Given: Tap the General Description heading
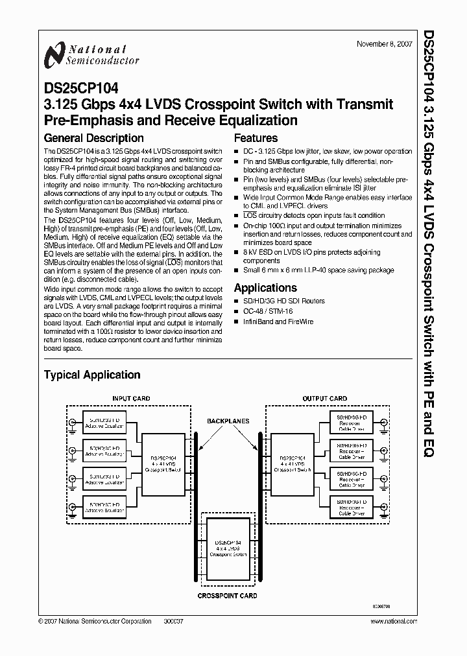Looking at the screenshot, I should click(93, 138).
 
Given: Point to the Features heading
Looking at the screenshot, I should click(256, 138).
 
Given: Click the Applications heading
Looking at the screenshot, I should click(265, 288).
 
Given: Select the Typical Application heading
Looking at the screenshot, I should click(91, 375).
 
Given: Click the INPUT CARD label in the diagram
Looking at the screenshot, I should click(131, 399).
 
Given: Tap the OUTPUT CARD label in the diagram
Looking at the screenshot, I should click(325, 399).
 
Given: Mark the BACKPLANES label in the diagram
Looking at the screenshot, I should click(228, 421).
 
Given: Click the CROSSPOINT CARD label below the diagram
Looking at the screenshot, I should click(228, 595).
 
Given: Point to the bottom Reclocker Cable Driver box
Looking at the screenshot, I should click(350, 506).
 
